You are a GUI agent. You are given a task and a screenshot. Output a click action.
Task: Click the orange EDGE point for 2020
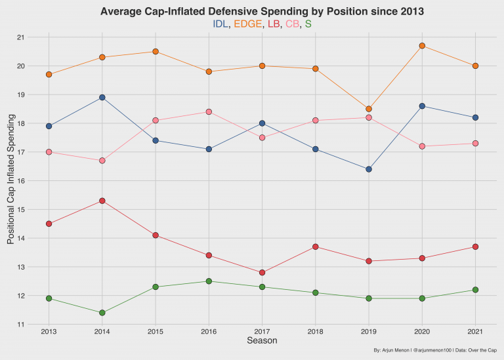point(422,46)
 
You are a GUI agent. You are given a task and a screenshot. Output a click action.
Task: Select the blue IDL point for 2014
point(102,98)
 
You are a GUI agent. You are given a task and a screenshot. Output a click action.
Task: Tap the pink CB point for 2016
point(209,112)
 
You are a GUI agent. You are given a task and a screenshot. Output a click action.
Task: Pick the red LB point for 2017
point(262,273)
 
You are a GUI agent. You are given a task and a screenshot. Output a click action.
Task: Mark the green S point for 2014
point(102,313)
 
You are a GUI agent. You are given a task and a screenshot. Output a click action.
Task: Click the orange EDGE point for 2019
point(369,109)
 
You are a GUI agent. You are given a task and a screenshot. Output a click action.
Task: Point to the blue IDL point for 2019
point(369,169)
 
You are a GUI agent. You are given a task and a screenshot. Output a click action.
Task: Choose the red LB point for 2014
point(102,201)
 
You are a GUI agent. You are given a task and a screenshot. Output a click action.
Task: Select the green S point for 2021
point(475,290)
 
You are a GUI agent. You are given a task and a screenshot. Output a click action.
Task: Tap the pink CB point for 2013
point(49,152)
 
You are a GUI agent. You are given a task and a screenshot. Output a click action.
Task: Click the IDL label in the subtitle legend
point(220,24)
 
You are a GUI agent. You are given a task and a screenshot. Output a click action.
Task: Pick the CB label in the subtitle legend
point(291,24)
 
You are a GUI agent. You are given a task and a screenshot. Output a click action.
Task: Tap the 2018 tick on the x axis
point(315,331)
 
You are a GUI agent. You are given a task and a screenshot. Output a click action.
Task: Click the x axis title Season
point(261,341)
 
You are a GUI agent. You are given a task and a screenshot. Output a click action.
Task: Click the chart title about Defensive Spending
point(261,11)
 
